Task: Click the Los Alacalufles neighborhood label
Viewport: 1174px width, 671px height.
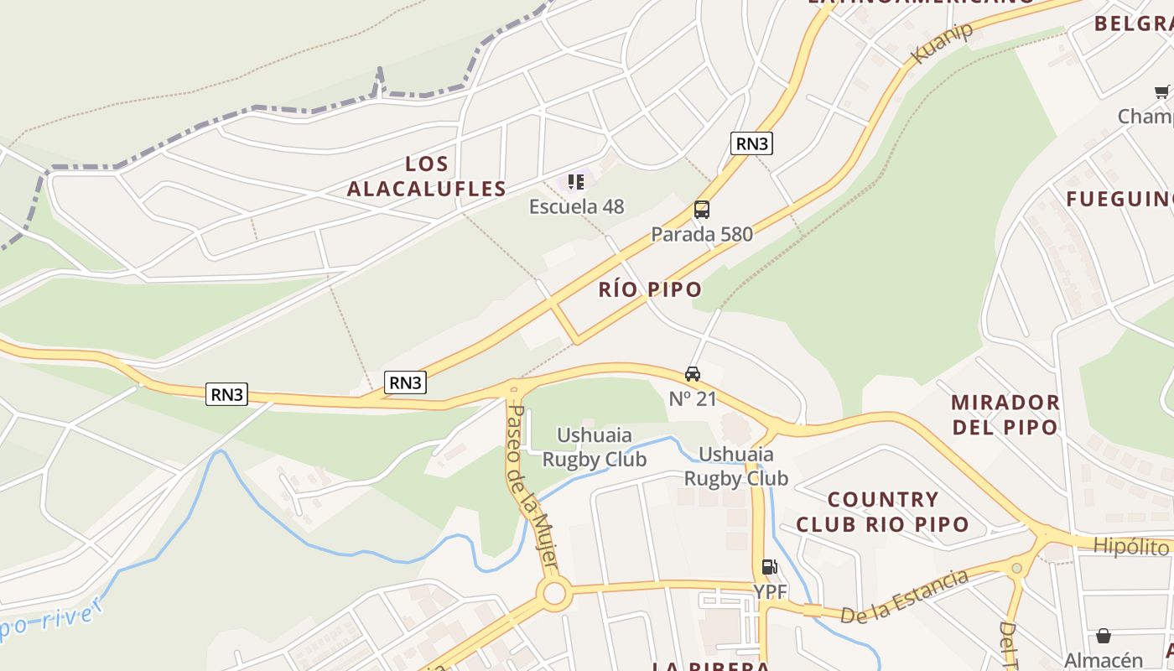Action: pyautogui.click(x=426, y=176)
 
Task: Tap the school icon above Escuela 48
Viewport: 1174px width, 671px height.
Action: pyautogui.click(x=576, y=182)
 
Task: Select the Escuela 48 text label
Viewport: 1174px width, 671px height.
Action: pyautogui.click(x=576, y=206)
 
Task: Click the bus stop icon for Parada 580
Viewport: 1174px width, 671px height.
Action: pyautogui.click(x=702, y=210)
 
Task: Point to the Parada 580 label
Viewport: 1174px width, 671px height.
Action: pyautogui.click(x=702, y=234)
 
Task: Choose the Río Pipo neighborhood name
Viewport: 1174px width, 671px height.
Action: pyautogui.click(x=650, y=290)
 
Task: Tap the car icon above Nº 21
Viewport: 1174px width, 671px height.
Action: pyautogui.click(x=693, y=374)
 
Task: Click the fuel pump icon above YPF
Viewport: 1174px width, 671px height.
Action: pyautogui.click(x=769, y=568)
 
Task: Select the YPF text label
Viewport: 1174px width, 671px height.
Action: pyautogui.click(x=770, y=591)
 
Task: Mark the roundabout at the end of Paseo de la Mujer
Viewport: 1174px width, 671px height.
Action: pyautogui.click(x=554, y=595)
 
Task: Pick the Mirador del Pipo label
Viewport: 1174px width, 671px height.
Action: pyautogui.click(x=1005, y=414)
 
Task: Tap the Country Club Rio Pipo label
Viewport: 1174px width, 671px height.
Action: pyautogui.click(x=882, y=512)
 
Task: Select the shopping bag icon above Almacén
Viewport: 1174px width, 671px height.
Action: pyautogui.click(x=1104, y=637)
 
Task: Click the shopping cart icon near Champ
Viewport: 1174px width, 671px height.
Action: pyautogui.click(x=1161, y=92)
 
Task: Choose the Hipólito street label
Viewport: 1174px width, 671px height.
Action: pyautogui.click(x=1132, y=547)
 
